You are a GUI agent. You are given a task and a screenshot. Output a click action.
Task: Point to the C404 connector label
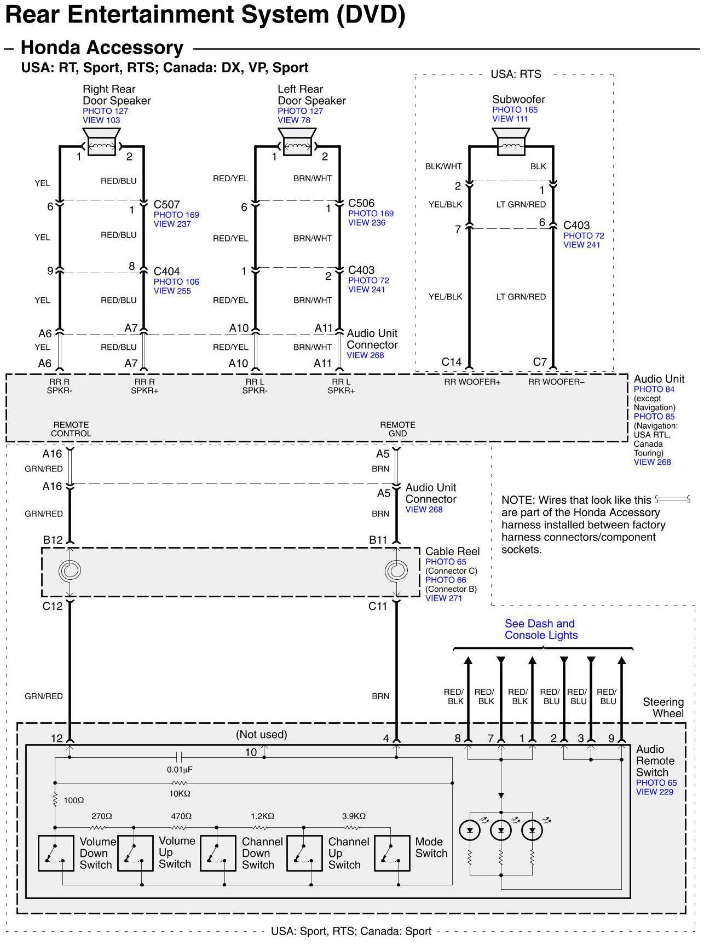166,272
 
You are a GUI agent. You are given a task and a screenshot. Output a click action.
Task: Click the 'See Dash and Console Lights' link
541,630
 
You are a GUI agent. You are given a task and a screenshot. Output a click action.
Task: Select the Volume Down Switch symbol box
56,853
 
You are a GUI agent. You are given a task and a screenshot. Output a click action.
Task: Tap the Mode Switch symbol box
392,853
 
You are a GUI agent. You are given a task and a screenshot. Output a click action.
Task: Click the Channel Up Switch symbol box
304,853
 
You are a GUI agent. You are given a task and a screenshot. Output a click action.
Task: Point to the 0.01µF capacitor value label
180,769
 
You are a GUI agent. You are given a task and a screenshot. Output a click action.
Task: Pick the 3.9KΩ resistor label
354,816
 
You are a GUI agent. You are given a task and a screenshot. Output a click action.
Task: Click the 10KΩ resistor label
180,793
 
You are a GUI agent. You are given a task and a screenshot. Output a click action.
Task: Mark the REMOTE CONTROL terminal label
71,429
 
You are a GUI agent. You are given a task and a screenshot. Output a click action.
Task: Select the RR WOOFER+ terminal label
472,382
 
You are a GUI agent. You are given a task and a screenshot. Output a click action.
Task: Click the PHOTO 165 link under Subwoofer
515,110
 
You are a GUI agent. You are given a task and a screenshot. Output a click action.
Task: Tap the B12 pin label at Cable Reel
53,540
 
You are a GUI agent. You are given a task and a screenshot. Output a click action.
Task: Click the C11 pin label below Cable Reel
378,606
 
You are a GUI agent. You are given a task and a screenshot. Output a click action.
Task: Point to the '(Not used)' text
261,734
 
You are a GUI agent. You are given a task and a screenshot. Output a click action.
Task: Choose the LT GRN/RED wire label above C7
521,297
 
